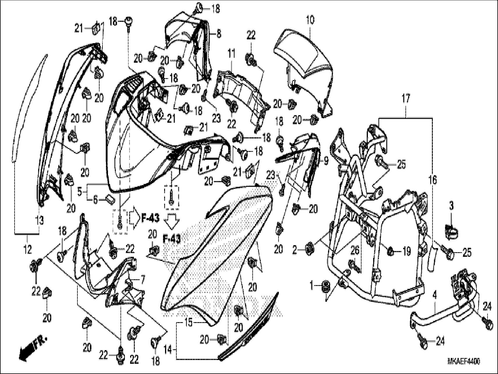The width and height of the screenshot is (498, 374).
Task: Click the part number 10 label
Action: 310,20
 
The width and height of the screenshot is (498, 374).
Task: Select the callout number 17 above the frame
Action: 406,99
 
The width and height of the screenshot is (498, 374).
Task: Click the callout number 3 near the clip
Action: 451,206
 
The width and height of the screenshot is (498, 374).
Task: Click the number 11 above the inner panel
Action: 231,54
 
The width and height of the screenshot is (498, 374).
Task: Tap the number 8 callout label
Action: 219,34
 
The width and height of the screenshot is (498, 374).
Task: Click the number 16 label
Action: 433,180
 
